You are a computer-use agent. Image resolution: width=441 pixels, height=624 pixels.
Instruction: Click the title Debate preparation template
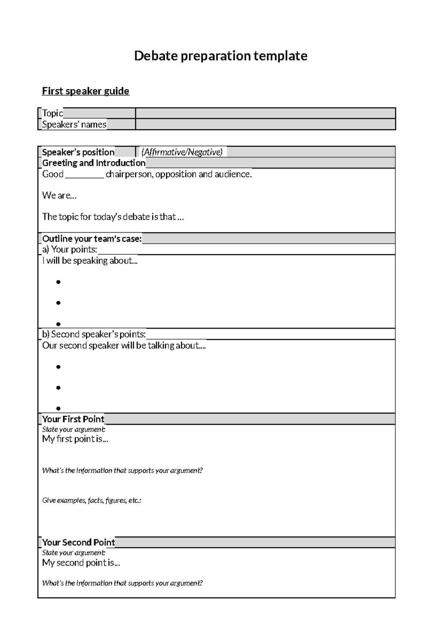click(x=220, y=56)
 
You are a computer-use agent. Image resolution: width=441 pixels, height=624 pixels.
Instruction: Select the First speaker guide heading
click(x=85, y=91)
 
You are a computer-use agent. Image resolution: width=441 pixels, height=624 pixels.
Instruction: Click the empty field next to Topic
click(x=265, y=113)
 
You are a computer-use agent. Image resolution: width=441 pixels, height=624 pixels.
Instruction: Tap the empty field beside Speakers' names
click(x=265, y=124)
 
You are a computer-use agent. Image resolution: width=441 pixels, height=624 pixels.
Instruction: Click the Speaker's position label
click(x=78, y=152)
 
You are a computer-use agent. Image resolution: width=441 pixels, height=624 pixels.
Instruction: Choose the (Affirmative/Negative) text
click(x=182, y=152)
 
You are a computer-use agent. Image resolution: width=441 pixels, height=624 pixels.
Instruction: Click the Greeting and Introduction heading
click(x=94, y=163)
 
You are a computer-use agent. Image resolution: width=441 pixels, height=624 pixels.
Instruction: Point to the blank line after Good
click(x=85, y=175)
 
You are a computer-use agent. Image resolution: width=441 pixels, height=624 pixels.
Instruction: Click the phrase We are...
click(x=59, y=195)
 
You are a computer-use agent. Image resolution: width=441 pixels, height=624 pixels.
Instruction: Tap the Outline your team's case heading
click(x=92, y=239)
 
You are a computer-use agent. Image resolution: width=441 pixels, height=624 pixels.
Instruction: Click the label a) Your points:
click(x=70, y=250)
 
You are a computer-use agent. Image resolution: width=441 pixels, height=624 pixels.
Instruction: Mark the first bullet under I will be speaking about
click(x=58, y=282)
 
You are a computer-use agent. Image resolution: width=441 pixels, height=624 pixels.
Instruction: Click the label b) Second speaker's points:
click(x=94, y=334)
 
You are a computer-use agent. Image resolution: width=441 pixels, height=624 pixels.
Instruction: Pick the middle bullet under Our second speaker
click(x=58, y=387)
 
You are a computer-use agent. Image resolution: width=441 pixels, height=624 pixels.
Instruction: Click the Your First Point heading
click(x=73, y=419)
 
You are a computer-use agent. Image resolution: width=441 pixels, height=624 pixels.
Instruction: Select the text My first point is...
click(x=75, y=439)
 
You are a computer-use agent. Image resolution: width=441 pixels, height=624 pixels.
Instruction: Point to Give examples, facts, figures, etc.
click(x=92, y=500)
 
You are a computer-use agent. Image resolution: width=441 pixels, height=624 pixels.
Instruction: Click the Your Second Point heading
click(x=78, y=542)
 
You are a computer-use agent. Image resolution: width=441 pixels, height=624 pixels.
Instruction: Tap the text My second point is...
click(x=81, y=563)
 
